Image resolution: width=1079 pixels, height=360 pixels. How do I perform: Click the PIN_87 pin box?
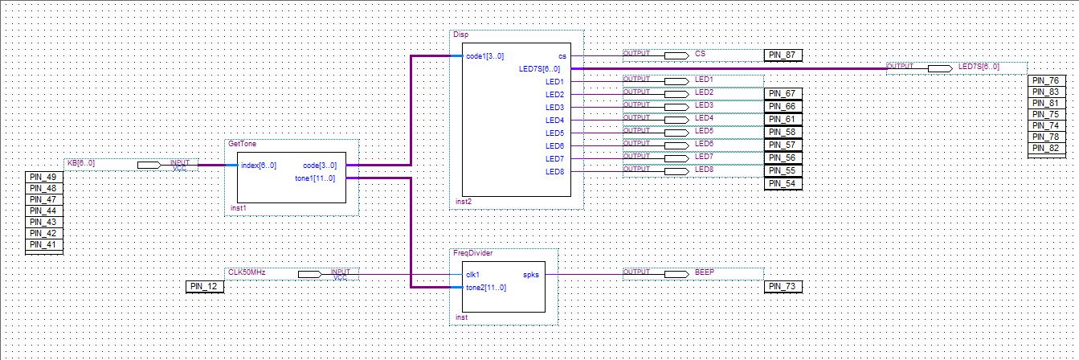tap(783, 55)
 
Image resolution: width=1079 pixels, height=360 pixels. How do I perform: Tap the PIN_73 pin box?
tap(783, 286)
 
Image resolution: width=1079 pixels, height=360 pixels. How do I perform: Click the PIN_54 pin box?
tap(783, 184)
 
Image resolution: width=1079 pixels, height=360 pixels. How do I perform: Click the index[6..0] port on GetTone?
tap(258, 166)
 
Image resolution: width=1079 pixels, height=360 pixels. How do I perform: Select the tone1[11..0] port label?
tap(315, 178)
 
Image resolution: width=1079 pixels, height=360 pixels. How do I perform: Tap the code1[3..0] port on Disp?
tap(484, 56)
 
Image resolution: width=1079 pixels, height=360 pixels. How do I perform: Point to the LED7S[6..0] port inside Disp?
tap(540, 69)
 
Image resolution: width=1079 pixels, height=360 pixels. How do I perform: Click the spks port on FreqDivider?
tap(531, 274)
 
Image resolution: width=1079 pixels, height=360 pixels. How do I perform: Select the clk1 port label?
tap(472, 274)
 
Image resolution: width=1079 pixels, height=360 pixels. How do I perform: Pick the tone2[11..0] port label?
tap(485, 287)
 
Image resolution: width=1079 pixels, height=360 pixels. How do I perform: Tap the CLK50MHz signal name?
tap(247, 272)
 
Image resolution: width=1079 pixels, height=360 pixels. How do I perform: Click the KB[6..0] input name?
tap(80, 163)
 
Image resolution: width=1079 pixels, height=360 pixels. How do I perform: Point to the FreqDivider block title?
tap(472, 253)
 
